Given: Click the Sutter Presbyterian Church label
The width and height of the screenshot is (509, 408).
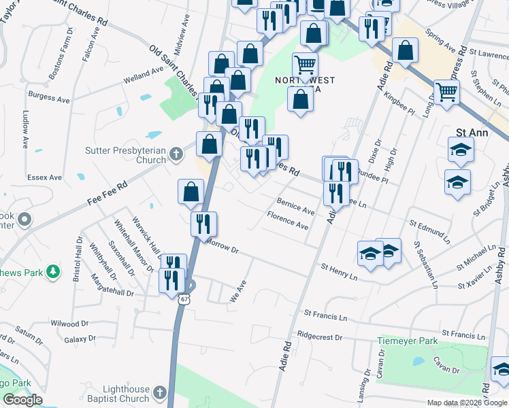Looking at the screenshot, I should [125, 155].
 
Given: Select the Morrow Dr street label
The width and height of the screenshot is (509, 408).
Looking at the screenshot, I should [223, 246].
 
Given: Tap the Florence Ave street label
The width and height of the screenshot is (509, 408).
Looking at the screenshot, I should [288, 220].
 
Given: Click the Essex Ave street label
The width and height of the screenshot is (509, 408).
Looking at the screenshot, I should [44, 177].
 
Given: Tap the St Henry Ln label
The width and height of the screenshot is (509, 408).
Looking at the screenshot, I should [339, 273].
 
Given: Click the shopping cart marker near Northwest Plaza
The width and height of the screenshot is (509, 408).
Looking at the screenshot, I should [305, 66].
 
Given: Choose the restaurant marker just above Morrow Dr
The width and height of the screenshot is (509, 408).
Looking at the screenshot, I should [203, 223].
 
